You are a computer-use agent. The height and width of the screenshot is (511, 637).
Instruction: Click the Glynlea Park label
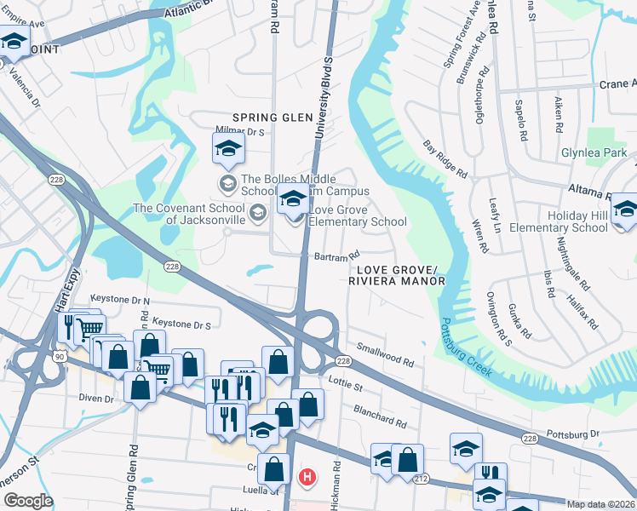594,153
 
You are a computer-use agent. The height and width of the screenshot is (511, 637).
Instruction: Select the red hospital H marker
307,476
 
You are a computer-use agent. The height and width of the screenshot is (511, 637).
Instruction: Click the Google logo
28,501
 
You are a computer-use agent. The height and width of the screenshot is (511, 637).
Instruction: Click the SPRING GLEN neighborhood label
267,118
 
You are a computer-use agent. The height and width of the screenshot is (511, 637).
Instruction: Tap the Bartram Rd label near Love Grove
337,255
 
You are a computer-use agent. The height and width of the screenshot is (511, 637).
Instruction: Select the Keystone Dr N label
122,301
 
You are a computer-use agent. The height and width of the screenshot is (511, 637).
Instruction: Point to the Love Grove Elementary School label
358,215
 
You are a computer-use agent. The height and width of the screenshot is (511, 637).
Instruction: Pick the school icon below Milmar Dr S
227,148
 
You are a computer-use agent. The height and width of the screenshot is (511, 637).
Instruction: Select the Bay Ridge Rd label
445,158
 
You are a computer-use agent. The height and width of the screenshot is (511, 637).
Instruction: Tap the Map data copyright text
600,504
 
